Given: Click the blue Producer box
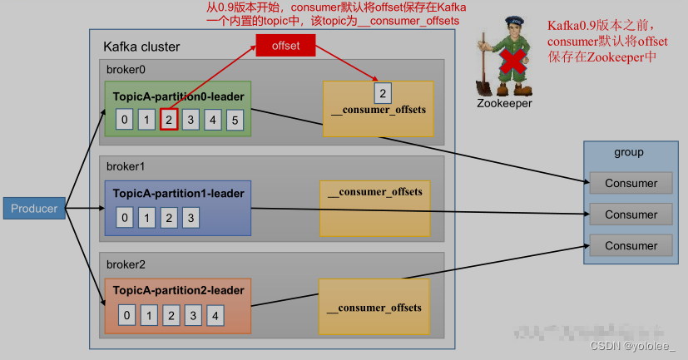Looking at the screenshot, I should coord(34,208).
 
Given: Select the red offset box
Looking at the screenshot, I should coord(285,45).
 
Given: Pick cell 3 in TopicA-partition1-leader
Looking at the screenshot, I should coord(191,219).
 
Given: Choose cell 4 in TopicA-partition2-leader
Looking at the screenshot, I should coord(214,315).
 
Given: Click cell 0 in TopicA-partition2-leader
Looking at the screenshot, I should coord(126,315).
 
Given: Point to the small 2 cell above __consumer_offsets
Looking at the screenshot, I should coord(382,91).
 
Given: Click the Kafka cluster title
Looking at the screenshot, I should coord(141,47).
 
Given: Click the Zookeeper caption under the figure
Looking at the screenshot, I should coord(504,104).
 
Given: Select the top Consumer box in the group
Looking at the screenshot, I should coord(631,183).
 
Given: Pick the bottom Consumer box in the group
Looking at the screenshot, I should coord(631,245).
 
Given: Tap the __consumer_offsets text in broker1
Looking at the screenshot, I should coord(375,192).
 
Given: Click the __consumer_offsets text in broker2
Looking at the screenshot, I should coord(374,308).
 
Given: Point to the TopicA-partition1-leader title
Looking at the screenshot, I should coord(179,194).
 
